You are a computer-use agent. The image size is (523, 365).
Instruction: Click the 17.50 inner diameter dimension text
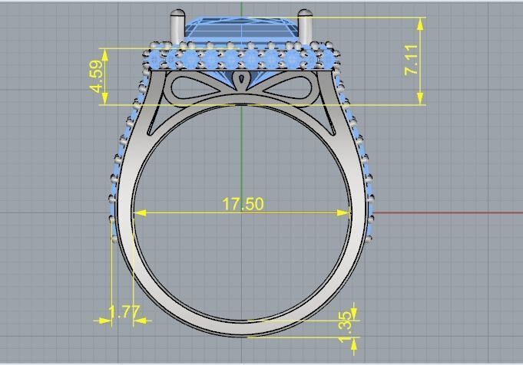[243, 204]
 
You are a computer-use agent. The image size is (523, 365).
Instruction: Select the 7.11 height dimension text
[412, 60]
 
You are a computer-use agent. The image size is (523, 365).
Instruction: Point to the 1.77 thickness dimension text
[123, 312]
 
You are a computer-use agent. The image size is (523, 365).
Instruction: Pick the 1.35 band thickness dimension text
[345, 323]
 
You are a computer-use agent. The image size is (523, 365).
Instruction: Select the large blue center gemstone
[241, 31]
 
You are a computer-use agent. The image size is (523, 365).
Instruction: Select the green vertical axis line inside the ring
[243, 153]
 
